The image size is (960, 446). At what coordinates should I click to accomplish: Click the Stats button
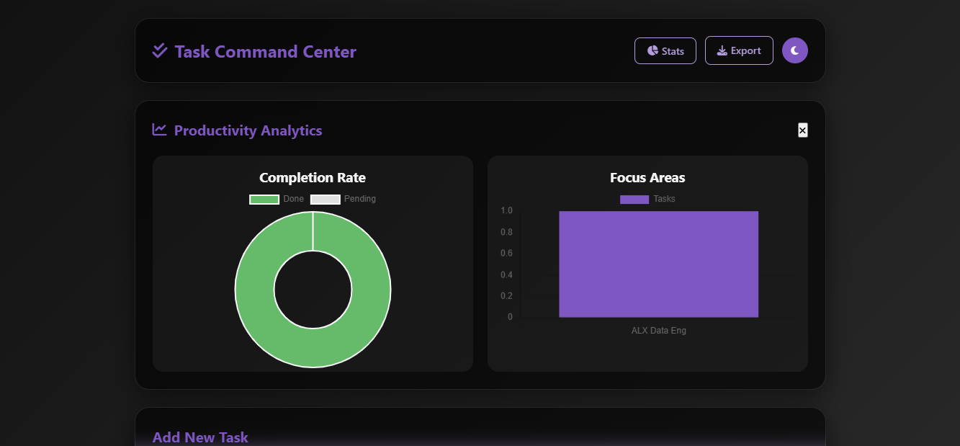pos(665,51)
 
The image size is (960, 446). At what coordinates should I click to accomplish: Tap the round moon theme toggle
pos(794,50)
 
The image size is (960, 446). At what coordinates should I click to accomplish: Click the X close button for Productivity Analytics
pos(802,130)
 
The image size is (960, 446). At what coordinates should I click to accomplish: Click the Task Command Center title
pos(265,52)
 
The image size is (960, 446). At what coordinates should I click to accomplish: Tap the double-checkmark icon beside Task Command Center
pos(160,50)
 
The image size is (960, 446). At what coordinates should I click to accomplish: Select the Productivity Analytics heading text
pos(248,130)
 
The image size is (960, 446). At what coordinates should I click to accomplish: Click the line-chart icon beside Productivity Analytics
pos(159,130)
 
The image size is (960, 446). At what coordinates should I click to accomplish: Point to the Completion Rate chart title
pos(312,177)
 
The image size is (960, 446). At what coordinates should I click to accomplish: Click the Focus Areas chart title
pos(647,177)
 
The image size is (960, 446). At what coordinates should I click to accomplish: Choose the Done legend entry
pos(277,199)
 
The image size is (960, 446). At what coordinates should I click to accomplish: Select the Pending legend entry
pos(343,199)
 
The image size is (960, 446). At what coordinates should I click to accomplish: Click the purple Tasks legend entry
pos(647,199)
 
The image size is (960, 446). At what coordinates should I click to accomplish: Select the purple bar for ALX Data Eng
pos(658,264)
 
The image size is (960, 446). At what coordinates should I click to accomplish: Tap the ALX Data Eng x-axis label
pos(658,331)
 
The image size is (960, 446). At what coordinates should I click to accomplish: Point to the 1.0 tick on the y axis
pos(506,210)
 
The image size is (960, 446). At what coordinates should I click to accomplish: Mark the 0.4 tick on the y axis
pos(506,275)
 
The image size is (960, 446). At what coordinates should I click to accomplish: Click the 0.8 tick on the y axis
pos(506,232)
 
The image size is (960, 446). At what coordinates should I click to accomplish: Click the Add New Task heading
pos(200,437)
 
